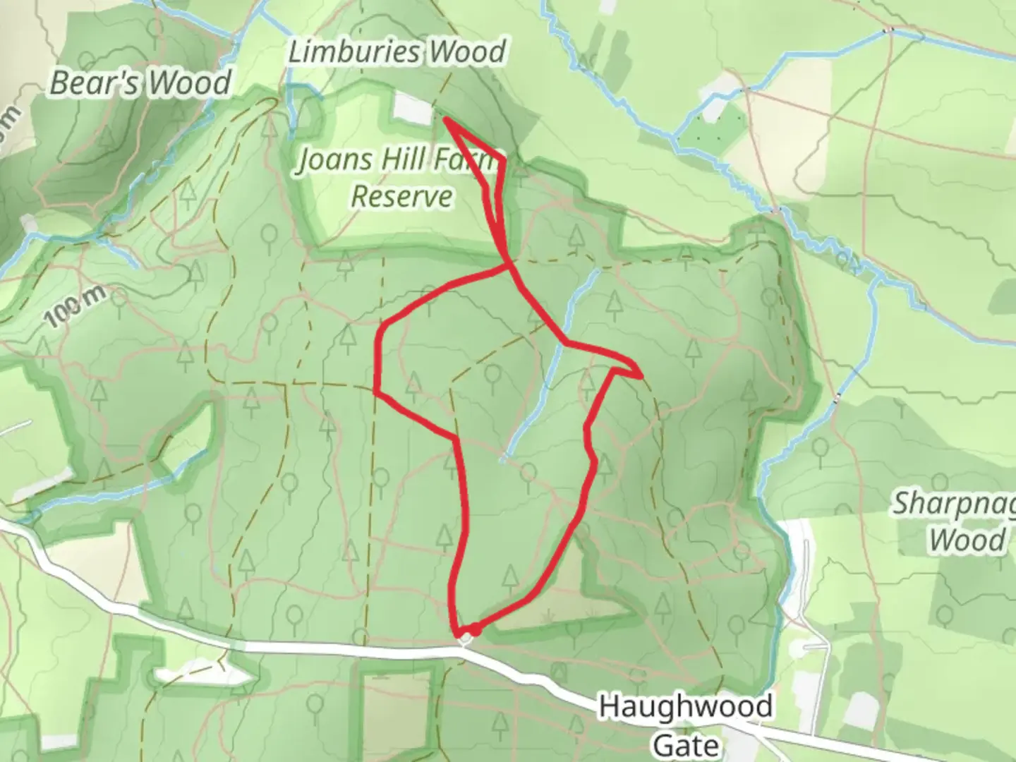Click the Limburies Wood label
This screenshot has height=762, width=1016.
(397, 52)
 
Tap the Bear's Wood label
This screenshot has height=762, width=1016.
(140, 83)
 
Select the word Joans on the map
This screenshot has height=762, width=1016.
(334, 160)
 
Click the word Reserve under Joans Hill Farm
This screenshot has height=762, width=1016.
(402, 196)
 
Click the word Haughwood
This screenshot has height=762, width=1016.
(685, 706)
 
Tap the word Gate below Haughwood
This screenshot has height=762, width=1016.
(686, 744)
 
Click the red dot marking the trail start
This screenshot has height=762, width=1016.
(476, 629)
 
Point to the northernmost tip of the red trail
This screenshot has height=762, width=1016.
(446, 120)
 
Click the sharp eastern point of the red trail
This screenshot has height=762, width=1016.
(640, 376)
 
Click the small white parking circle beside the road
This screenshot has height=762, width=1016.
(465, 639)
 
